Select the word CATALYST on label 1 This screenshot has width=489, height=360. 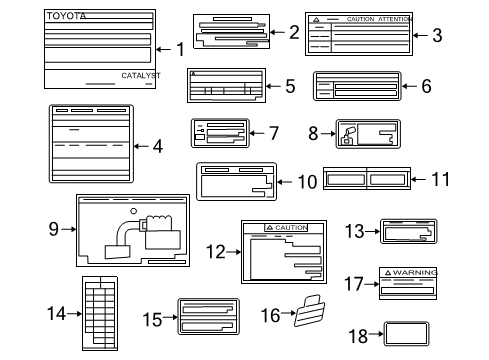pos(140,76)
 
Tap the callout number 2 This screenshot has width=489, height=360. pos(293,32)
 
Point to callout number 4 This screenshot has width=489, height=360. pos(156,145)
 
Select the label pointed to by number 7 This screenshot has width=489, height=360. pos(225,133)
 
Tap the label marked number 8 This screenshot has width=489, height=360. pos(366,134)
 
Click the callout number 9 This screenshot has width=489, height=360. pos(54,228)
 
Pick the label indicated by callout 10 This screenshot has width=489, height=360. pos(234,181)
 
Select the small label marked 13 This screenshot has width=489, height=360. pos(406,233)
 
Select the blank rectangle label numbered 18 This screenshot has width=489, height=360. pos(408,334)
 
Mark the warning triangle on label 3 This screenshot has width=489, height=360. pos(316,20)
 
